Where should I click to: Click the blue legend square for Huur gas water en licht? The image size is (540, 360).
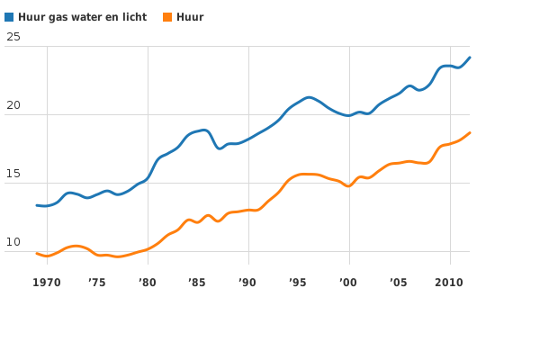tap(9, 17)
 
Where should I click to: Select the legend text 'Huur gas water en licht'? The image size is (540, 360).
tap(82, 17)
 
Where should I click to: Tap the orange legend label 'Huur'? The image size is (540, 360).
tap(190, 17)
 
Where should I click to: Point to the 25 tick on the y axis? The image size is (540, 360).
tap(13, 37)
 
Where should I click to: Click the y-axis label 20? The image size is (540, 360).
tap(13, 105)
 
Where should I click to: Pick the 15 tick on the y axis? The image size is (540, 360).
tap(13, 174)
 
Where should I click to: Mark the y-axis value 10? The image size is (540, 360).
tap(13, 242)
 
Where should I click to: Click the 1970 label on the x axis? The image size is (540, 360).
tap(47, 283)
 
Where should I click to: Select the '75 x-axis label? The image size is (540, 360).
tap(97, 283)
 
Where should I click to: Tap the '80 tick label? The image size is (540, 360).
tap(148, 283)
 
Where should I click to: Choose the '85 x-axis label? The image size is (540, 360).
tap(198, 283)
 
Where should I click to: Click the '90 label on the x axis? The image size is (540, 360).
tap(248, 283)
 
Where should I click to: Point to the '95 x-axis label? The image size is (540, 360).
tap(299, 283)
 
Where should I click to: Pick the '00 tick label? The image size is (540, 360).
tap(349, 283)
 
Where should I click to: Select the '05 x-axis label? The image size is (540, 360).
tap(400, 283)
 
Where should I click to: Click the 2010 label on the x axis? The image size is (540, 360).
tap(449, 283)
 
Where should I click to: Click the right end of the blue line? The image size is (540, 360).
tap(470, 58)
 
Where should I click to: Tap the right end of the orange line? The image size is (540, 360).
tap(470, 133)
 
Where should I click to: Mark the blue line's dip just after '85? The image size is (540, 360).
tap(220, 148)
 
